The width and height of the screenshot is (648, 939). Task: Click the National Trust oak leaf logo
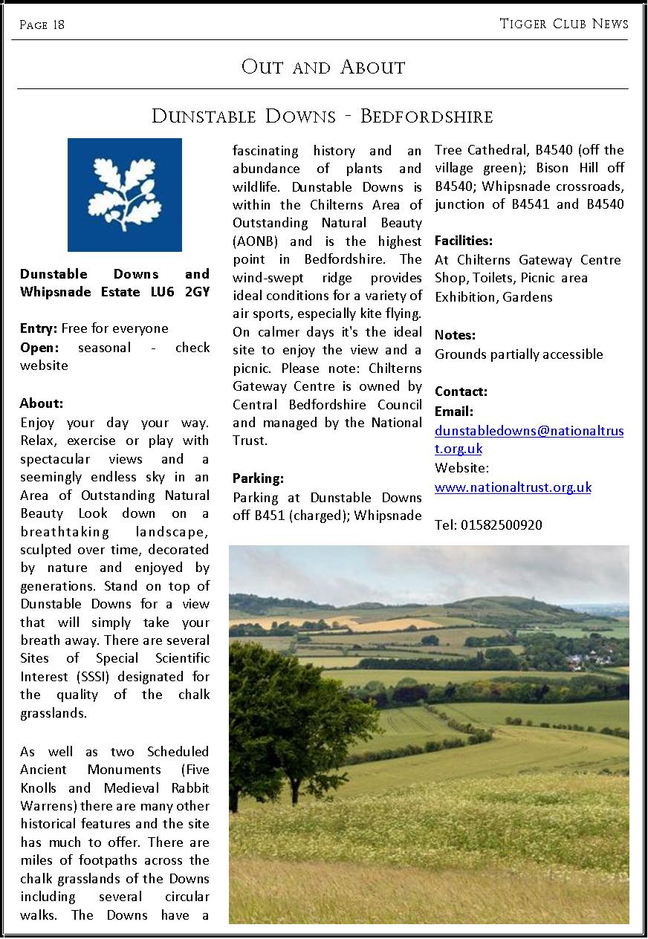125,195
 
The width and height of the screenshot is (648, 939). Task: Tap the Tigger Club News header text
564,24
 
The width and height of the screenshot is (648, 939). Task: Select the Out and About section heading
323,68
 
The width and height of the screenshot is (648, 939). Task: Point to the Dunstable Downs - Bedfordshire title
323,117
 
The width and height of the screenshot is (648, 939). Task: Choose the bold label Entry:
39,328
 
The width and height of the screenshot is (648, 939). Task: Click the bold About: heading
42,403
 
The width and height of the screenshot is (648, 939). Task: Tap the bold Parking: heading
258,478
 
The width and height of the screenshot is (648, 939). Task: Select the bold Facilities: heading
464,241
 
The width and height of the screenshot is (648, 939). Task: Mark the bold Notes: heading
455,335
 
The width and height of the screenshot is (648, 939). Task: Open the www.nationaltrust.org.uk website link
513,487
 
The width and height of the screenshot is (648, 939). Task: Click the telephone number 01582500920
502,525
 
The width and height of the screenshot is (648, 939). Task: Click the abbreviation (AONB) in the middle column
256,241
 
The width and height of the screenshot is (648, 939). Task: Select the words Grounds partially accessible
519,354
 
